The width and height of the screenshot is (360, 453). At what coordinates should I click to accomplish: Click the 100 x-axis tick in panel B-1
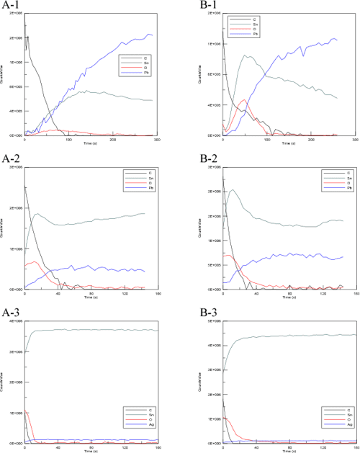point(267,140)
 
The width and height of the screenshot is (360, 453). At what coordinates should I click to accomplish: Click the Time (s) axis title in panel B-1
point(289,144)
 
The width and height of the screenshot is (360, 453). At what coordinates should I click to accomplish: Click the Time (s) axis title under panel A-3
point(89,449)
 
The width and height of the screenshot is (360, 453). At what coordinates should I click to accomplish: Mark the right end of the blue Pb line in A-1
point(152,35)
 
